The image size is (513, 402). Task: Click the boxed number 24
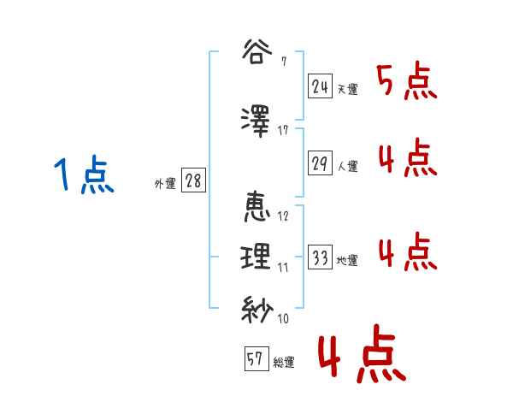pyautogui.click(x=321, y=86)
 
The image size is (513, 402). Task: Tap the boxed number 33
pyautogui.click(x=321, y=258)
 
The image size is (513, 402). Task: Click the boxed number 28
pyautogui.click(x=193, y=181)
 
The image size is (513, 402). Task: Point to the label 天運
pyautogui.click(x=348, y=89)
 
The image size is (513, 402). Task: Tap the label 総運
pyautogui.click(x=284, y=363)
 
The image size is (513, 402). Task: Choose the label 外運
pyautogui.click(x=164, y=183)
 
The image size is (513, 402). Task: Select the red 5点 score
pyautogui.click(x=406, y=82)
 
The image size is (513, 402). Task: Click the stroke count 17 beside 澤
pyautogui.click(x=283, y=130)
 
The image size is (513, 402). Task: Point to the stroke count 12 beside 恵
pyautogui.click(x=283, y=216)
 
